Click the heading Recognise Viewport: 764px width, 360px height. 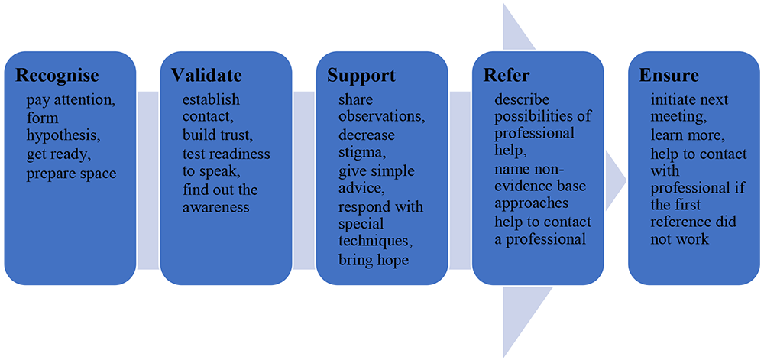tap(57, 76)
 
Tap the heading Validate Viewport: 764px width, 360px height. tap(206, 76)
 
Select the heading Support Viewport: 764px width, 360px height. tap(361, 76)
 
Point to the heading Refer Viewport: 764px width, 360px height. tap(506, 76)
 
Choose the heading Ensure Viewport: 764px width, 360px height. tap(669, 76)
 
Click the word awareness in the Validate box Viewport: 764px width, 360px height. tap(216, 208)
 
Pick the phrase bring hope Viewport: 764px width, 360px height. tap(374, 260)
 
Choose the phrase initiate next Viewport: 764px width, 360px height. tap(689, 100)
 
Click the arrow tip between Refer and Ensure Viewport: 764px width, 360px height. tap(626, 180)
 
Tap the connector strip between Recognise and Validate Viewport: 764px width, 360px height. tap(148, 180)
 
